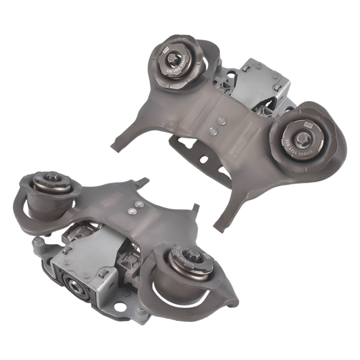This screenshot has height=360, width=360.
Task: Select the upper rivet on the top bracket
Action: tap(222, 120)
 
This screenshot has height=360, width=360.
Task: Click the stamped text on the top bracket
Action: tap(235, 144)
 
